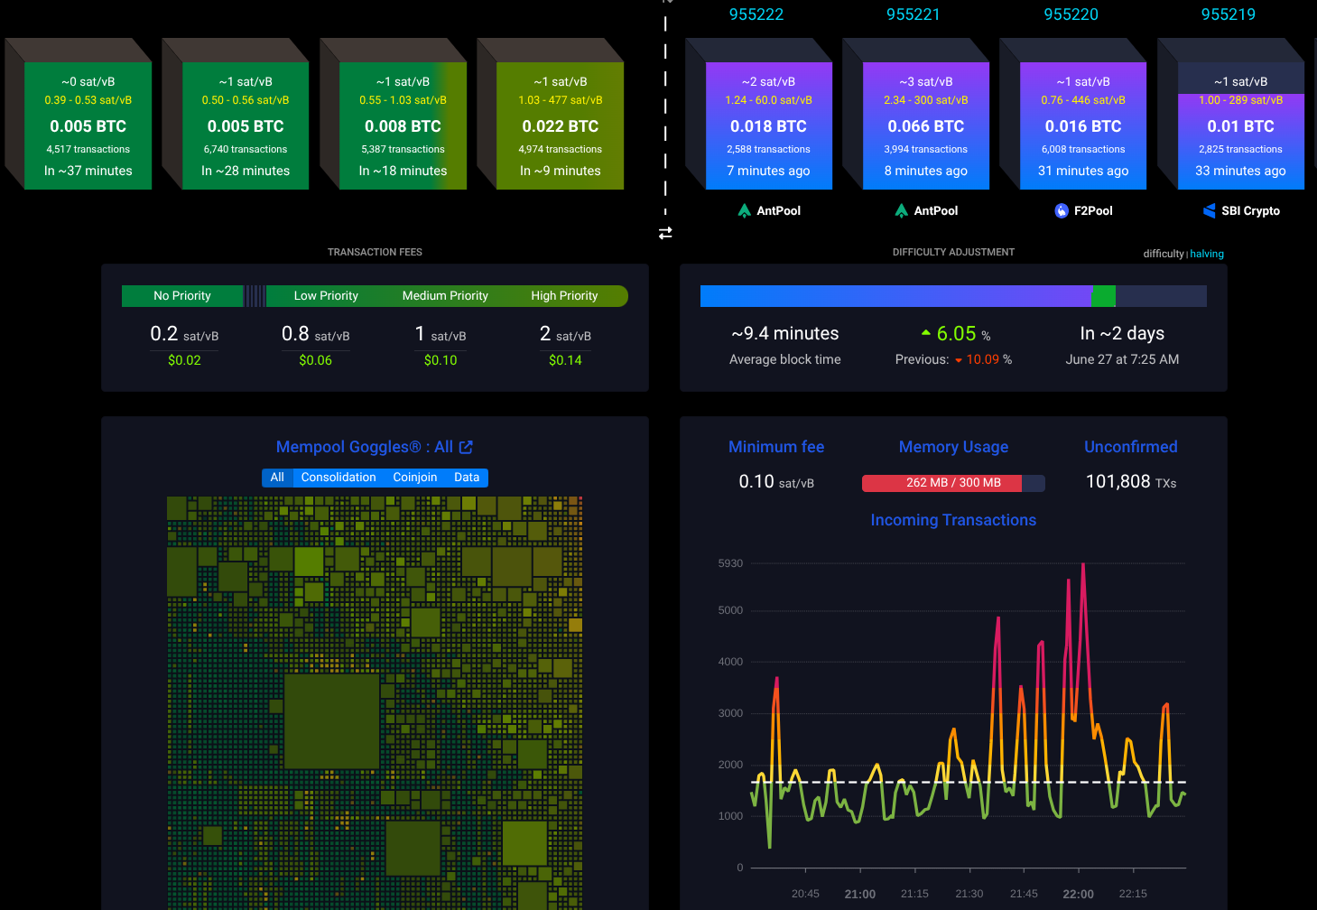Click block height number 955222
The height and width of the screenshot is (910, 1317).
[756, 14]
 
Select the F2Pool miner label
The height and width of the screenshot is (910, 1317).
[1083, 210]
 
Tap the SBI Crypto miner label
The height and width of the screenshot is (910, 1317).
[1241, 210]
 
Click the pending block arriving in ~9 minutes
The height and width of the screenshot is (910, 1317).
[560, 125]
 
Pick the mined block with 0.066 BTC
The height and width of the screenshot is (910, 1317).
[925, 125]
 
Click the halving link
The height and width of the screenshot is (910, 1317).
[1207, 254]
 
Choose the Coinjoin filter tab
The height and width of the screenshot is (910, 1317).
[414, 478]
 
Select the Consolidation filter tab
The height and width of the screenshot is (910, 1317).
[339, 478]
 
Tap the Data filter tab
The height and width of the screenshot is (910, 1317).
[467, 478]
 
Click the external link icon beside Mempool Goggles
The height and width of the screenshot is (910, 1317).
[466, 448]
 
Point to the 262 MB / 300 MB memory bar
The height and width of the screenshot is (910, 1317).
[953, 483]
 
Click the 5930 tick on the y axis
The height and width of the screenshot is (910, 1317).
[730, 563]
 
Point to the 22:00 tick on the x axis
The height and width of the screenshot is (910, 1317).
[1078, 894]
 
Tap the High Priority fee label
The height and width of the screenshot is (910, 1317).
[564, 296]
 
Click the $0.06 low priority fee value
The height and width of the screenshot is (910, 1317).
[315, 360]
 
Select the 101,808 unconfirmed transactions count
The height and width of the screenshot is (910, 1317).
[1118, 481]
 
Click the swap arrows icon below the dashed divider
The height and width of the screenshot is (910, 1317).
[665, 234]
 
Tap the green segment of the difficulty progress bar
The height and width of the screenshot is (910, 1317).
[1104, 296]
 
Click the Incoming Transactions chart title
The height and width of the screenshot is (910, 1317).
[953, 520]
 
